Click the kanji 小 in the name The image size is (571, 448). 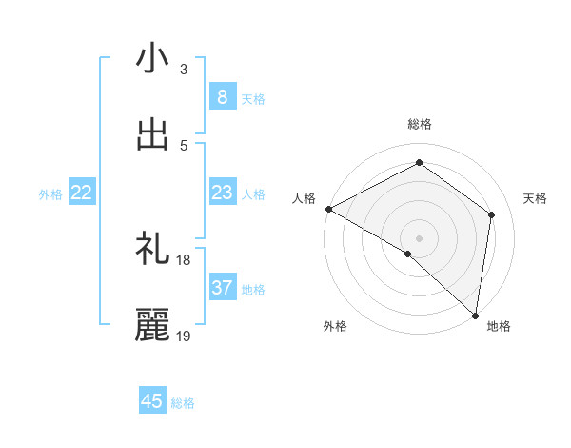point(152,59)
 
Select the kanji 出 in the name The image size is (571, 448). point(152,134)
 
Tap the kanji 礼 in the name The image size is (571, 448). point(152,250)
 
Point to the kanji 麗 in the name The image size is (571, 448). point(152,325)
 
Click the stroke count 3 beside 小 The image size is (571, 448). point(183,70)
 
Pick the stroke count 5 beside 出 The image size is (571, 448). point(183,145)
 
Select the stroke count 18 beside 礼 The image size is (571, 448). point(184,260)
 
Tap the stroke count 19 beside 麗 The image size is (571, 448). point(184,336)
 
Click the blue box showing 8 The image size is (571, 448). point(222,97)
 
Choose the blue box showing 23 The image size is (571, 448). point(222,193)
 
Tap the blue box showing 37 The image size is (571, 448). point(222,288)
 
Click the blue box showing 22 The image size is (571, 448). point(82,193)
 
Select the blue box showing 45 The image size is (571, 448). point(152,401)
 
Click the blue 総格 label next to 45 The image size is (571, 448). point(183,403)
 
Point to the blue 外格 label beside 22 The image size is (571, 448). point(50,194)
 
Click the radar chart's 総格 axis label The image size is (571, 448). point(420,124)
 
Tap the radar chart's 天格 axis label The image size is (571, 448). point(536,198)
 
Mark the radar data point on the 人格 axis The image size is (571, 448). point(328,209)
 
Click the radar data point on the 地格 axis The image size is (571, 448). point(475,315)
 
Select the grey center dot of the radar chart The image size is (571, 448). point(419,238)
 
